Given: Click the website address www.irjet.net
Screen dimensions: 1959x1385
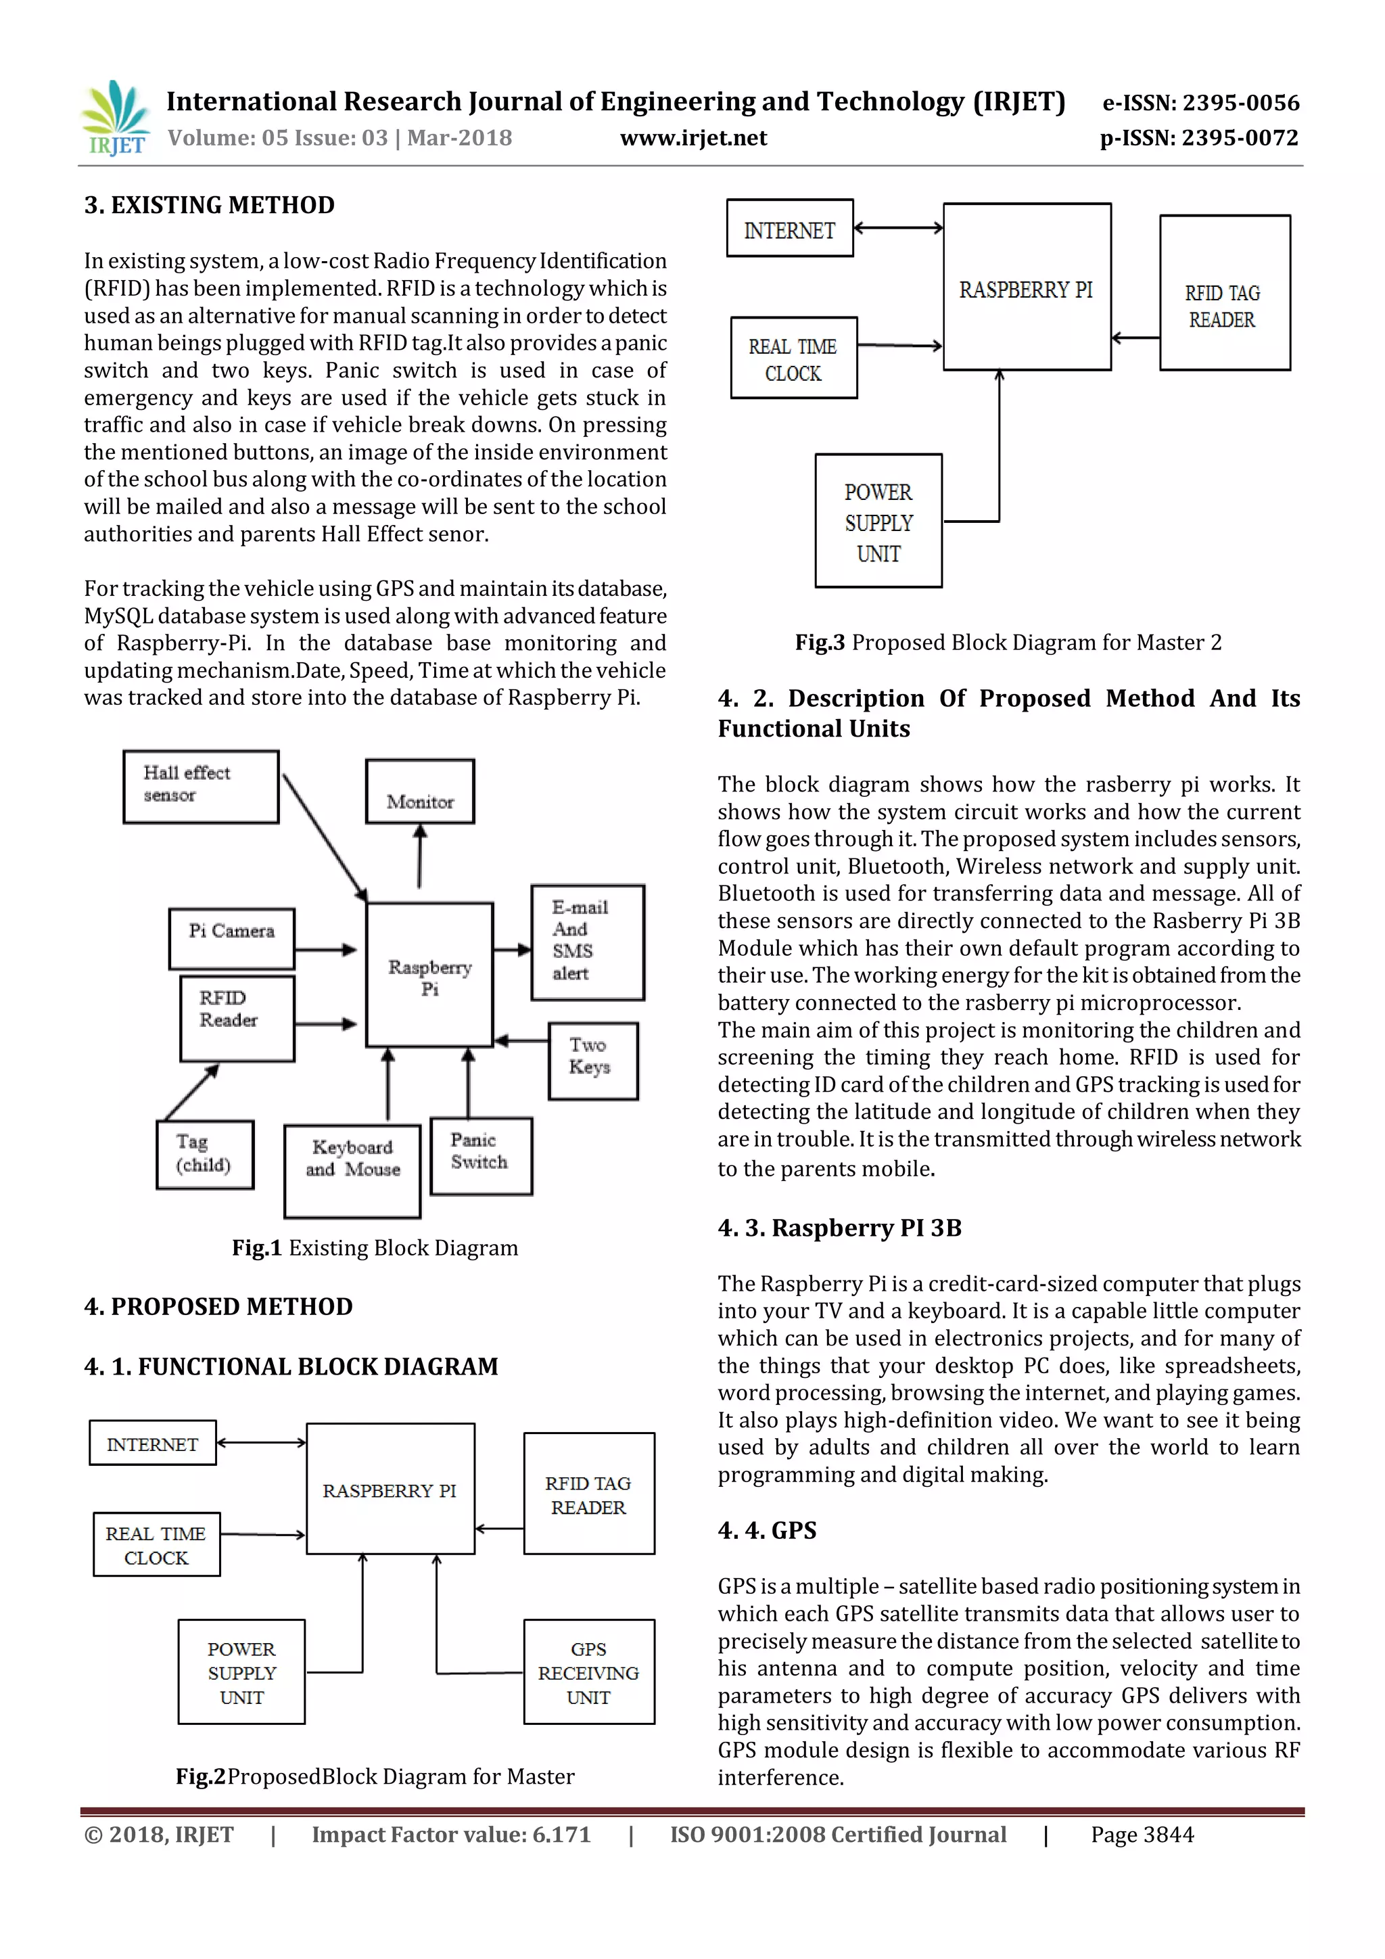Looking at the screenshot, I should pyautogui.click(x=693, y=138).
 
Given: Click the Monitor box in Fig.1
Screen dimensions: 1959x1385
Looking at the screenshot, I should pyautogui.click(x=419, y=792).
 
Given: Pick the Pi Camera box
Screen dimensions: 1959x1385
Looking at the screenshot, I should pyautogui.click(x=232, y=938).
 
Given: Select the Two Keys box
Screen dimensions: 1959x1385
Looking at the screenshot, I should pyautogui.click(x=592, y=1061).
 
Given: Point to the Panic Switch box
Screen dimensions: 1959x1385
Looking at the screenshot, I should pyautogui.click(x=481, y=1155).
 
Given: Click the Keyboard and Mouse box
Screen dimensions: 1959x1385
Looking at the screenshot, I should pyautogui.click(x=352, y=1171).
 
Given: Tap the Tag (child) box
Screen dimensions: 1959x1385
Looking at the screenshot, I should pyautogui.click(x=205, y=1153).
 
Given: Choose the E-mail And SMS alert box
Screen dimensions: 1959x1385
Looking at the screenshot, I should pyautogui.click(x=588, y=942).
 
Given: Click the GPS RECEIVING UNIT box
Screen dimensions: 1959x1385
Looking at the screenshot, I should pyautogui.click(x=588, y=1672).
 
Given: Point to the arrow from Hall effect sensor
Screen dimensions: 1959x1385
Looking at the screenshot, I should pyautogui.click(x=325, y=837).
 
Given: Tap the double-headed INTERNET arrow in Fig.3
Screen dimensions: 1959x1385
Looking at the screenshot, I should pyautogui.click(x=898, y=228).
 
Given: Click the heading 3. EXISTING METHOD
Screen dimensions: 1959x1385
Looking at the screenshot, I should pyautogui.click(x=209, y=205).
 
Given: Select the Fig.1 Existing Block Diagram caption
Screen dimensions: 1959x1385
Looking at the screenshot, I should pyautogui.click(x=375, y=1247).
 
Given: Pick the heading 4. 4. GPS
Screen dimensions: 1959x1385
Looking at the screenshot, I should pyautogui.click(x=767, y=1530).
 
